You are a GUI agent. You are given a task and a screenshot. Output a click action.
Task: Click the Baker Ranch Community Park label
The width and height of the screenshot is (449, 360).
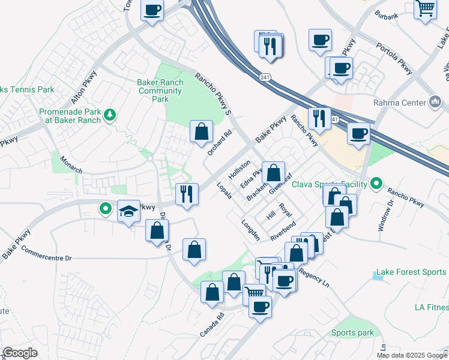coord(160,91)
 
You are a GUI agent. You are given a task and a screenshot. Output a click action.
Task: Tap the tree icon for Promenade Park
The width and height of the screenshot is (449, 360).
coord(109,114)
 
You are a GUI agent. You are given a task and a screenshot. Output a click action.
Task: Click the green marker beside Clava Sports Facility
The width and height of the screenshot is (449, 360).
coord(376,182)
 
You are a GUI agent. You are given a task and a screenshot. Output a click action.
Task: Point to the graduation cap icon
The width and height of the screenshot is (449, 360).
coord(128,211)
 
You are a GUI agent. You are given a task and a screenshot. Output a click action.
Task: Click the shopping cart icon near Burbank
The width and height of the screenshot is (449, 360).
coord(426,8)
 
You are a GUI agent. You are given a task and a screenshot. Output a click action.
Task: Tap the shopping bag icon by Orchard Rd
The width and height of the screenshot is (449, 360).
coord(202,130)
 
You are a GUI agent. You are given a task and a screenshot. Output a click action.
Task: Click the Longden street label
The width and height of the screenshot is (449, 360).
coord(250,230)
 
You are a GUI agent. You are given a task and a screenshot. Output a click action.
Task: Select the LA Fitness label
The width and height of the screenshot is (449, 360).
coord(431,307)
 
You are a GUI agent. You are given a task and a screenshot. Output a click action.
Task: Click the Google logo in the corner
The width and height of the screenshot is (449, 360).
coord(20,353)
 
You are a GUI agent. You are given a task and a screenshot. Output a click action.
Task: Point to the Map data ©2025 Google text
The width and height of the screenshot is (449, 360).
coord(411,355)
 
